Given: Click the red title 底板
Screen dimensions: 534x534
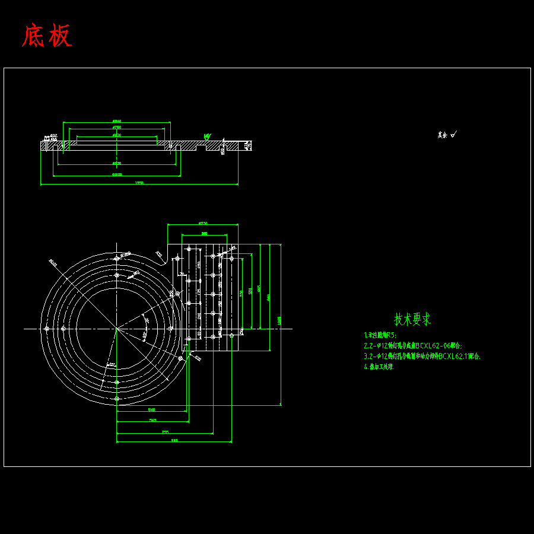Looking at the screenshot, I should pos(47,36).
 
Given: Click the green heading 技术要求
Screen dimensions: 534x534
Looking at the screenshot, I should pos(412,319).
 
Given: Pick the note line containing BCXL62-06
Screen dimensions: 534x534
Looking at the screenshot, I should pos(413,345).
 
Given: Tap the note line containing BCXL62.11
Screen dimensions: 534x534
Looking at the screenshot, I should pos(422,357).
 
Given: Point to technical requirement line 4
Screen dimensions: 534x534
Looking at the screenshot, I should pos(379,367).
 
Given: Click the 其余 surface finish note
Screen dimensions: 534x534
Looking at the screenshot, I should pos(447,135).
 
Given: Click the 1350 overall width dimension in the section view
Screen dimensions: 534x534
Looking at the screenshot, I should pos(139,183).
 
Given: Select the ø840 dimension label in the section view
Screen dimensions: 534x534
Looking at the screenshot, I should pos(117,121).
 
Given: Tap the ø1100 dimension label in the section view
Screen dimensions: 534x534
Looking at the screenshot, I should pos(117,174).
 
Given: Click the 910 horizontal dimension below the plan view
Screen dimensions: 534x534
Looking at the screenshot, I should pos(174,440).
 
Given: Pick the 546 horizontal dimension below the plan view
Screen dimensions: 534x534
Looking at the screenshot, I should pos(151,409).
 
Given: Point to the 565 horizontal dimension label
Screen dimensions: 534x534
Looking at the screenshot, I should pos(153,420).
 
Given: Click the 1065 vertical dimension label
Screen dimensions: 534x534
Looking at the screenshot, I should pos(279,320).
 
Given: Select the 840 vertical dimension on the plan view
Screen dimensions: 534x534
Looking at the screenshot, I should pos(269,296).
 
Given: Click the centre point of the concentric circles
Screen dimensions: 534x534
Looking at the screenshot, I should pos(117,328).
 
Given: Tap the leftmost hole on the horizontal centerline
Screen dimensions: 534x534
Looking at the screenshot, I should pos(46,328).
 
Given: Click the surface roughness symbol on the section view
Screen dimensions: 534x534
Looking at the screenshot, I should pos(206,136).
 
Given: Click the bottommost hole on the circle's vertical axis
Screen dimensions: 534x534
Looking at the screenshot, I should pos(117,399).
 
